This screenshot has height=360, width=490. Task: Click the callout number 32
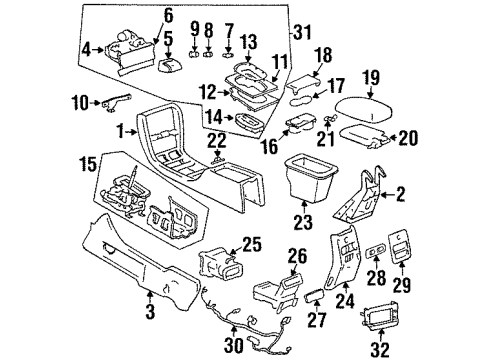378,348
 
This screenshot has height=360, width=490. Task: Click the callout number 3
151,294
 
